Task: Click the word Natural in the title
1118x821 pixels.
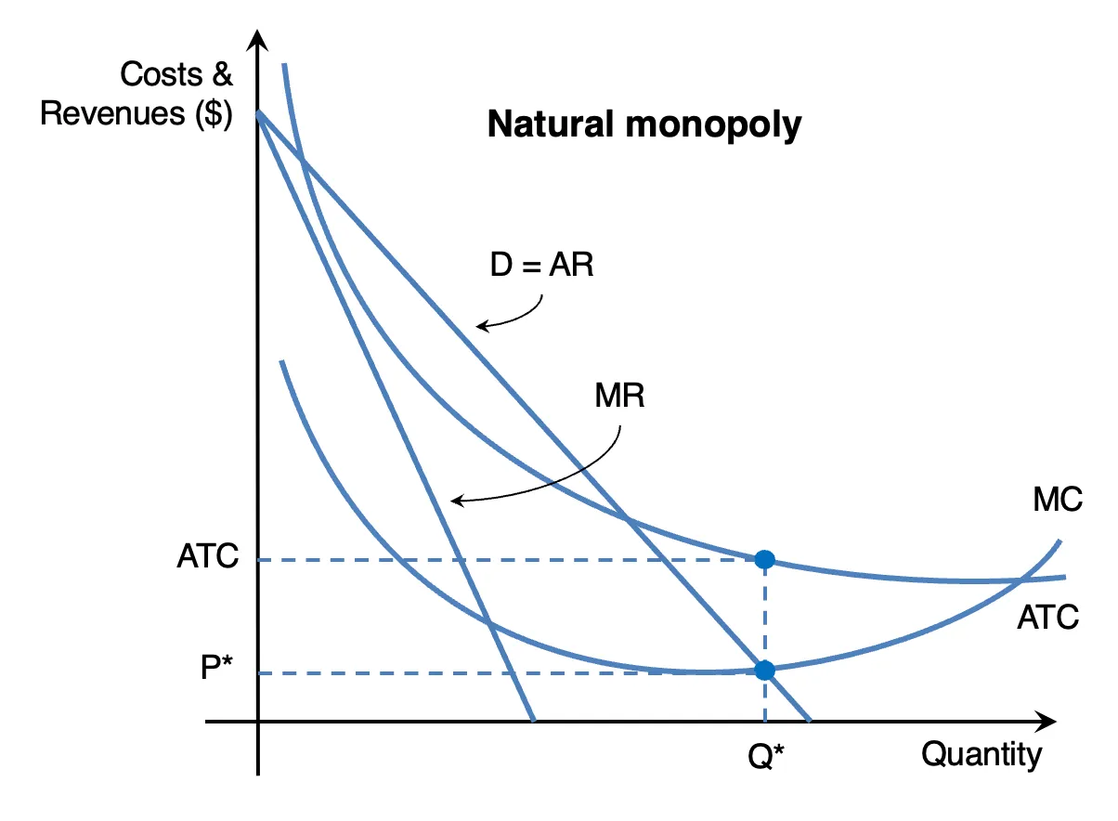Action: [x=550, y=124]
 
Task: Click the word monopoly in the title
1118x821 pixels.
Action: [x=713, y=126]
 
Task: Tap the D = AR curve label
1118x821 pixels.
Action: [x=542, y=264]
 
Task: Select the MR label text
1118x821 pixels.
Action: [x=619, y=396]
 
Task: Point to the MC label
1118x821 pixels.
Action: [x=1058, y=499]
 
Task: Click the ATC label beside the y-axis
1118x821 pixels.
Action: [x=208, y=555]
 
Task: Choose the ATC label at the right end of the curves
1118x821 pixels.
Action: [x=1047, y=618]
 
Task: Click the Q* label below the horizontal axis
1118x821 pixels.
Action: [x=766, y=756]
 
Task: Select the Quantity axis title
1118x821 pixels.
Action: [x=981, y=755]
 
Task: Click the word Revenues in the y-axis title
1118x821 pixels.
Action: [x=112, y=113]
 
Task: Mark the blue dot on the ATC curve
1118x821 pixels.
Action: [x=764, y=559]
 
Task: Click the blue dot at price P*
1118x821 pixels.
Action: [x=764, y=671]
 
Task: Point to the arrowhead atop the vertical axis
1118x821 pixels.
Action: [x=257, y=40]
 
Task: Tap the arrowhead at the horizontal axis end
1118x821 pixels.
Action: [x=1046, y=722]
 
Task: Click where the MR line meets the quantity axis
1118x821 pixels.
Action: [x=534, y=721]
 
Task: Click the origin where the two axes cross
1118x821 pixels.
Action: [x=257, y=722]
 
